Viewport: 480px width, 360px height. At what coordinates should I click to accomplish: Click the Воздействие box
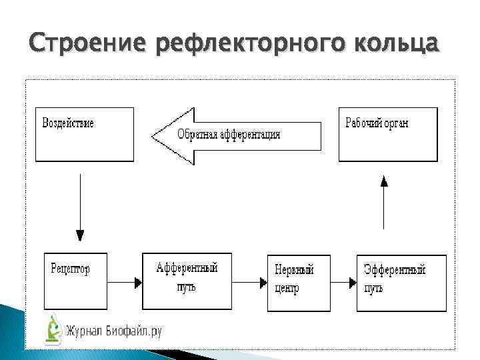tap(84, 134)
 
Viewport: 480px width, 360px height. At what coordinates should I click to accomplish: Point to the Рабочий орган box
tap(388, 134)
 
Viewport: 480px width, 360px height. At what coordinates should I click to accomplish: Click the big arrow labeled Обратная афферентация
tap(236, 135)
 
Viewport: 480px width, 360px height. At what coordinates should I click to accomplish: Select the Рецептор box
tap(75, 281)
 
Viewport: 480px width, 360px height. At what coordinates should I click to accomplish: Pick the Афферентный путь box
tap(187, 281)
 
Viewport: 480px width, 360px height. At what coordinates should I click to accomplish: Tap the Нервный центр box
tap(298, 283)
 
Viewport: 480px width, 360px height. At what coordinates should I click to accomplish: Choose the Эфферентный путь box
tap(401, 283)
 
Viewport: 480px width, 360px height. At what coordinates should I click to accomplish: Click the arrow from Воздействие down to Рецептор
tap(80, 207)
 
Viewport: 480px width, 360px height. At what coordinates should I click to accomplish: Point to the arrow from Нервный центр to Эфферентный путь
tap(343, 283)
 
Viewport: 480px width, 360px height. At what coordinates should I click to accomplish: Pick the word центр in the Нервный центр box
tap(287, 289)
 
